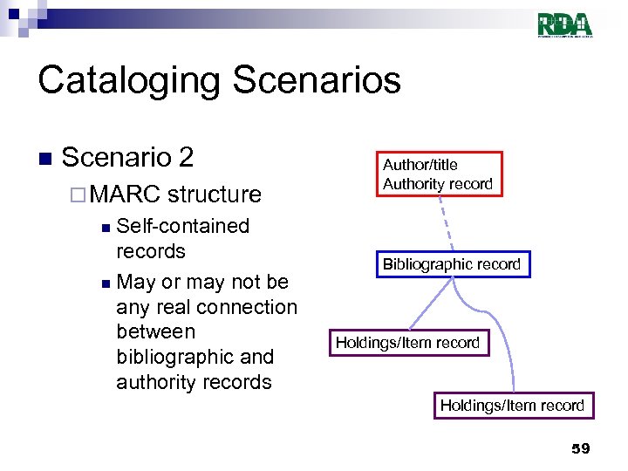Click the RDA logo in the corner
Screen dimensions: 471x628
coord(565,24)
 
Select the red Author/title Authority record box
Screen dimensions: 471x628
coord(440,174)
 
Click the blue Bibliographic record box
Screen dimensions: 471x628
coord(452,264)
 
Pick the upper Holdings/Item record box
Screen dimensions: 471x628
coord(408,343)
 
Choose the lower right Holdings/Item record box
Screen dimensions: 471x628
coord(512,405)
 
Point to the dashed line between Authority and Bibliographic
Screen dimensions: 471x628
coord(445,223)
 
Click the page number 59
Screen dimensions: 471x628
coord(580,448)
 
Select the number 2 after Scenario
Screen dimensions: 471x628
coord(184,158)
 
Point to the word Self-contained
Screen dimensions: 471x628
coord(182,226)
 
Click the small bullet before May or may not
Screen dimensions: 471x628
coord(105,283)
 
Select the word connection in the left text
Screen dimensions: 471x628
coord(248,307)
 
